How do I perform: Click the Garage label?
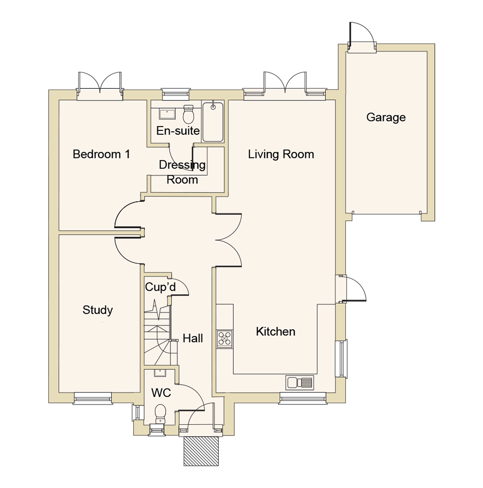[385, 117]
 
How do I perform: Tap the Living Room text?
[281, 154]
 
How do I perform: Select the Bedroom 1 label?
[101, 154]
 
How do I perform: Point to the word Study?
[98, 310]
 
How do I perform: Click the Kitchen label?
[275, 332]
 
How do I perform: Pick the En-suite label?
[178, 130]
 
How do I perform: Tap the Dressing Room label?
[182, 172]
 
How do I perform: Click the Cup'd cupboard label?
[160, 288]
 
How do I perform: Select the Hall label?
[193, 338]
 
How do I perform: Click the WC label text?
[161, 393]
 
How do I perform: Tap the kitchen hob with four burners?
[225, 338]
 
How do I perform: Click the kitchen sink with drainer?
[299, 383]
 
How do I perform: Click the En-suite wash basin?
[168, 113]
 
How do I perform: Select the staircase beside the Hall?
[157, 333]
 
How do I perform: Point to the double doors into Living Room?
[228, 239]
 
